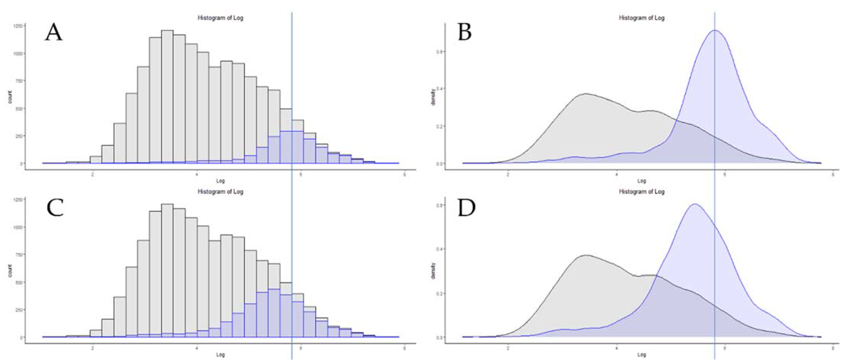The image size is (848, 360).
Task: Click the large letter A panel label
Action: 53,33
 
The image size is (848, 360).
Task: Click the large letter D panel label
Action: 467,208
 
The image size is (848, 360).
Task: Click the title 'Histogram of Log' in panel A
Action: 220,18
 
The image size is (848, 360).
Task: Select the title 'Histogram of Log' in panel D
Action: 641,191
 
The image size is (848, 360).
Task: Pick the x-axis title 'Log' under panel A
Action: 220,181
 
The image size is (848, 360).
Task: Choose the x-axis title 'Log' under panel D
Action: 641,355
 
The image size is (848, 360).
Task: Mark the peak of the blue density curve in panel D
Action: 695,204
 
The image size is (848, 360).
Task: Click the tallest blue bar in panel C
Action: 274,313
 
